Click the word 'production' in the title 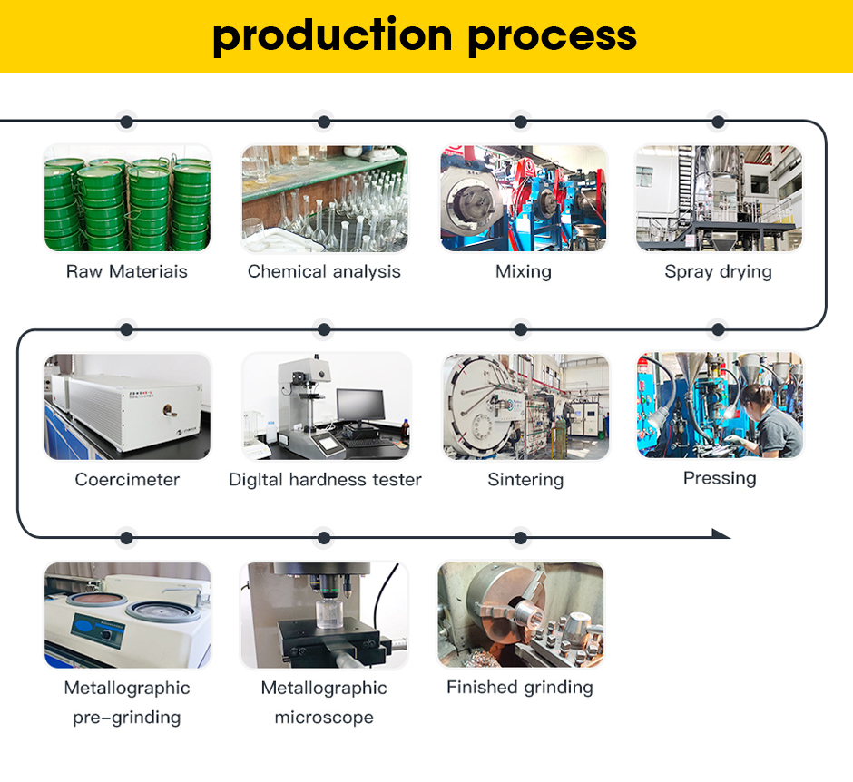click(x=332, y=36)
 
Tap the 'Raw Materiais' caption click(x=127, y=271)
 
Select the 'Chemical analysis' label click(x=324, y=271)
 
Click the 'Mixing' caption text click(x=524, y=271)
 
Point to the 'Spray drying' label click(x=718, y=271)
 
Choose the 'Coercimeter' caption click(x=127, y=480)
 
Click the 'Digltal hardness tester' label click(x=325, y=480)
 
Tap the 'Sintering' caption click(x=525, y=480)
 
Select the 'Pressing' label click(x=720, y=478)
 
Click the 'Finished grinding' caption click(x=520, y=688)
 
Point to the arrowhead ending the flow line click(x=721, y=533)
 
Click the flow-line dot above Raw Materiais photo click(x=127, y=122)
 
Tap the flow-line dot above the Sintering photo click(x=521, y=329)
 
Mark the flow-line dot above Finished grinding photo click(x=521, y=538)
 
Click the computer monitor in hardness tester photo click(x=360, y=406)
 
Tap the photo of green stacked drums click(x=127, y=198)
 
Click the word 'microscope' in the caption click(x=324, y=718)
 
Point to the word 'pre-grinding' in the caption click(x=127, y=718)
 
